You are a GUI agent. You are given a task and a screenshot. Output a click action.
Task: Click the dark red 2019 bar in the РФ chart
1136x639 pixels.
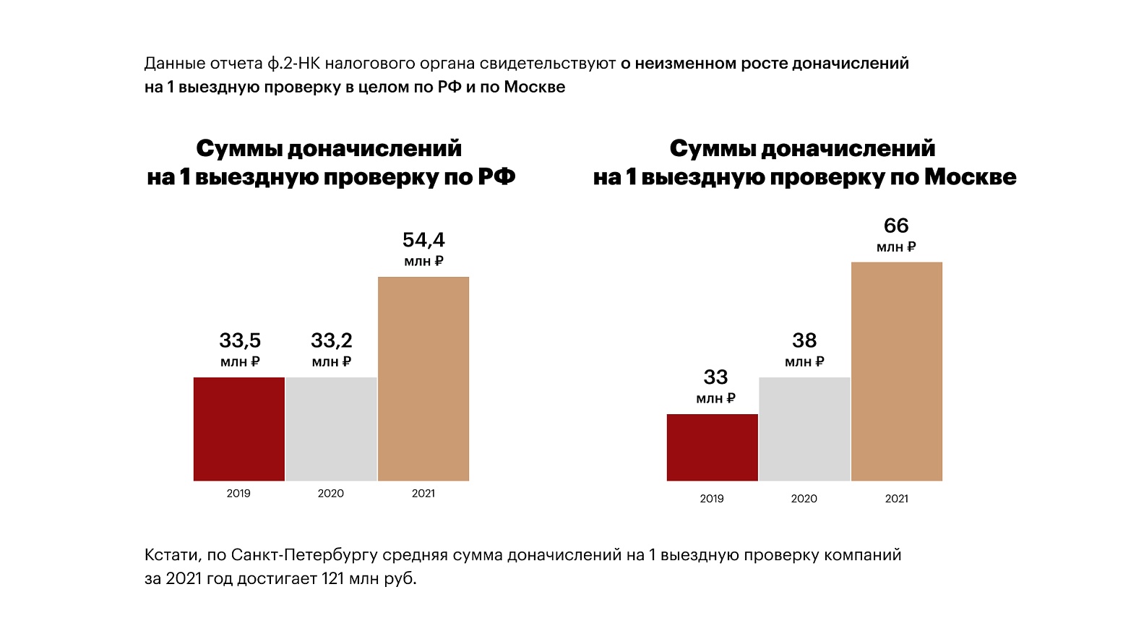[x=238, y=429]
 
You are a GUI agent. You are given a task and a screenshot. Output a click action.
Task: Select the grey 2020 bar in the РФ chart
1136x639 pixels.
[x=331, y=429]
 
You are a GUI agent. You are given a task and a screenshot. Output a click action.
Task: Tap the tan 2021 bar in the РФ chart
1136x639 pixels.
[x=423, y=378]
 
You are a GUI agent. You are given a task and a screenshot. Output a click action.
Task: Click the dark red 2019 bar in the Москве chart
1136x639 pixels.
[x=712, y=447]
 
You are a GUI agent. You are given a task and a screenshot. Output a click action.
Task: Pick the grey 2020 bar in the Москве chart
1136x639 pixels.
[x=804, y=429]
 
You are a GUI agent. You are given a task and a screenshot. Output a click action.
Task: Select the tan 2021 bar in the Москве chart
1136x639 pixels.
[x=897, y=371]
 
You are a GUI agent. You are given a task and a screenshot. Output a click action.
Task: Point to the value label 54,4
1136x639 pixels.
[x=423, y=240]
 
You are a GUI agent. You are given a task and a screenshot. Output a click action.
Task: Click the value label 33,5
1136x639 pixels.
[x=240, y=340]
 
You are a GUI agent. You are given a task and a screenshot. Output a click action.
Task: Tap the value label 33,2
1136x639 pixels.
[x=332, y=340]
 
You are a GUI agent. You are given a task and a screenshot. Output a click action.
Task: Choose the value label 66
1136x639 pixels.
[x=896, y=226]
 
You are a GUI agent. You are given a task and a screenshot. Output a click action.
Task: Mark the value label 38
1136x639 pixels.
[x=804, y=340]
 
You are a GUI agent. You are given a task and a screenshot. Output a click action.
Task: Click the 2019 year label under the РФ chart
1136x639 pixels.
[x=238, y=494]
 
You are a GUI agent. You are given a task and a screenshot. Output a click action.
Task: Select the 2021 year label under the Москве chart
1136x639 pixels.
[x=897, y=499]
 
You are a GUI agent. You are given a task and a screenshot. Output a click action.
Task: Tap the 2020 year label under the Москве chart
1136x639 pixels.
[x=804, y=499]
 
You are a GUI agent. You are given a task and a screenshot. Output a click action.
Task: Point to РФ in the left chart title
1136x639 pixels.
[x=496, y=177]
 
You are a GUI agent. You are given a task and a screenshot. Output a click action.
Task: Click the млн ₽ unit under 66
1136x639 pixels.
[x=896, y=247]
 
